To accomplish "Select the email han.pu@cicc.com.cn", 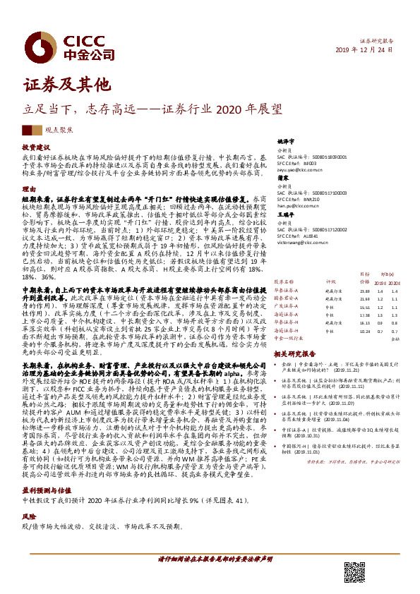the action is pos(295,203).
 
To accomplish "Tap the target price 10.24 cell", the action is pos(364,331).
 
